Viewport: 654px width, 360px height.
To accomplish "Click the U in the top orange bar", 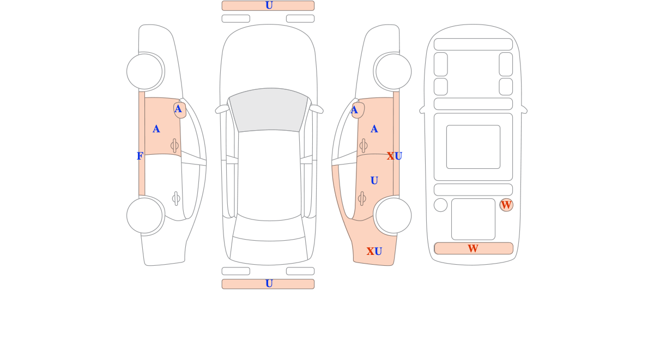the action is click(269, 5).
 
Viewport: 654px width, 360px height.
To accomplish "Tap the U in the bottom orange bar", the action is click(269, 284).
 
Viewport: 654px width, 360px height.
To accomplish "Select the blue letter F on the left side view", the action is click(140, 156).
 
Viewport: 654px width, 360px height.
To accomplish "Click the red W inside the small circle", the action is click(506, 205).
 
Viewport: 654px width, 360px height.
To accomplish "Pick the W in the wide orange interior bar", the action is click(473, 248).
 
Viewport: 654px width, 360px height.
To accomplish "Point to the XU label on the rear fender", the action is click(374, 251).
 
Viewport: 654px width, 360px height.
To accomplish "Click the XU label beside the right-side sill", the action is click(395, 156).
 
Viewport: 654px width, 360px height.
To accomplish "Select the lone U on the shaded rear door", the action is click(374, 181).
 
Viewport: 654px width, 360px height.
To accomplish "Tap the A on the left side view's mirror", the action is click(178, 109).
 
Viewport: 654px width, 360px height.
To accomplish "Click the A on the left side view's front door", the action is click(156, 129).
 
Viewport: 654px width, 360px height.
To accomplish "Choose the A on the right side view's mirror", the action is click(354, 110).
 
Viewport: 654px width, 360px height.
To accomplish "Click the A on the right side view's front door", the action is click(374, 129).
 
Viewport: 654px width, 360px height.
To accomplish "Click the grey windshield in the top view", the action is click(269, 109).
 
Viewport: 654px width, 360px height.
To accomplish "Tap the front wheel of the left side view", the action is click(144, 71).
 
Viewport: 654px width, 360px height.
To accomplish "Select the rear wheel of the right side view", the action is click(393, 216).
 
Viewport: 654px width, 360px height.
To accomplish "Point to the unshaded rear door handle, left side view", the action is click(176, 199).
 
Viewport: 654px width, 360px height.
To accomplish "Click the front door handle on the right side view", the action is click(364, 145).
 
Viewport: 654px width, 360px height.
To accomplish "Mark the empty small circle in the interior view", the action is click(440, 205).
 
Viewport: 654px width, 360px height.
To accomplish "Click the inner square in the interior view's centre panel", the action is click(473, 147).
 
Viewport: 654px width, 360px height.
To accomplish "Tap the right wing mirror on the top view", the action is click(316, 109).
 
